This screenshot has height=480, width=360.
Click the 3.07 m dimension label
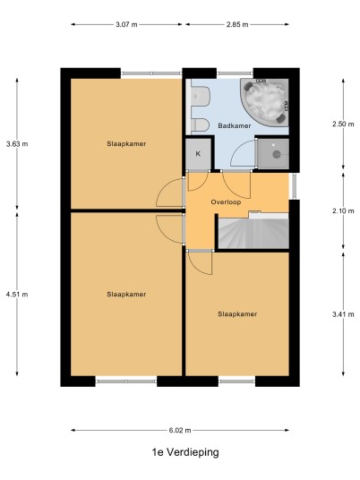coord(126,24)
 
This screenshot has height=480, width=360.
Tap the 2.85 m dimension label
coord(237,24)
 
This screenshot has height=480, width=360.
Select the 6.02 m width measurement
coord(180,431)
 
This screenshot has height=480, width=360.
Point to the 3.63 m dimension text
coord(17,143)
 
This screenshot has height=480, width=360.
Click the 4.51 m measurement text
coord(17,295)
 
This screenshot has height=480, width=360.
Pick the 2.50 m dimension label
coord(343,124)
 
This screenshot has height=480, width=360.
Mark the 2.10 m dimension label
coord(343,211)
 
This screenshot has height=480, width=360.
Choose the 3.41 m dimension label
coord(343,314)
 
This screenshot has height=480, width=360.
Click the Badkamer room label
coord(235,125)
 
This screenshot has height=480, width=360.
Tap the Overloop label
coord(226,202)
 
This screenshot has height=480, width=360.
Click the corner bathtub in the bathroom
coord(264,103)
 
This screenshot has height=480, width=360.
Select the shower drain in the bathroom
coord(277,155)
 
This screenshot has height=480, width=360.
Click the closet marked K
coord(199,154)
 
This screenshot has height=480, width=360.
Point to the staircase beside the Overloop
coord(253,231)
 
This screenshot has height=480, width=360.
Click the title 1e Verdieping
coord(185,452)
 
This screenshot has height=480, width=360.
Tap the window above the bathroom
coord(236,73)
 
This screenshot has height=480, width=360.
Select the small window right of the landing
coord(294,186)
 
